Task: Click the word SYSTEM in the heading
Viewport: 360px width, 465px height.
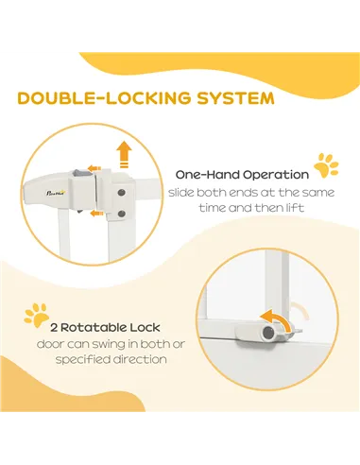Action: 235,98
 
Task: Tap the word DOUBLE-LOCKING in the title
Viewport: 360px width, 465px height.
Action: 104,98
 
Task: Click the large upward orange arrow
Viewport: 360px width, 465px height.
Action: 124,154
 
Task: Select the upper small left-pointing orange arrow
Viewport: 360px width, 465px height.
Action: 94,168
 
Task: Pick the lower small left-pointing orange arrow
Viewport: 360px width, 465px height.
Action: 96,214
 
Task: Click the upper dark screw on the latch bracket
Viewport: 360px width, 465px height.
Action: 122,193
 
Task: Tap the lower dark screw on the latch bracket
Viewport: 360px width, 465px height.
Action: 122,215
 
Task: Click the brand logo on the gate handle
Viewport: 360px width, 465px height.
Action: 55,192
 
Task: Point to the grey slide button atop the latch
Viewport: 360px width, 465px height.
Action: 77,173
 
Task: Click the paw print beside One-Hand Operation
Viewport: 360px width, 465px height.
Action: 326,165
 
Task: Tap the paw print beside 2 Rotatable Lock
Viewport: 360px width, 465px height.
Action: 37,315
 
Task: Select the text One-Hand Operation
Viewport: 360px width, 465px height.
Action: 242,175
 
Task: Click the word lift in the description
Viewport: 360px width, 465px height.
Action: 296,208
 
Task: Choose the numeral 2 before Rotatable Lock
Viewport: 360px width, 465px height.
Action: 54,328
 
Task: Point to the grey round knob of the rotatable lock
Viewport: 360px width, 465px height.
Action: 268,332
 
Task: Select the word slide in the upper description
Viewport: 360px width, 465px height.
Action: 181,192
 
